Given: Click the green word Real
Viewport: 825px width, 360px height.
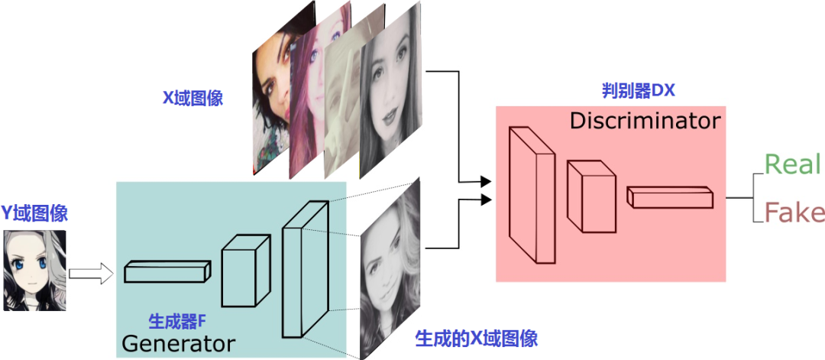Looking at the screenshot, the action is click(x=793, y=164).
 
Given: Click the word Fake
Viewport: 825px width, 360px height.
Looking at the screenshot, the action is click(x=794, y=213).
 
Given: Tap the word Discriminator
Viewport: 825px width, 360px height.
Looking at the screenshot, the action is click(x=645, y=122).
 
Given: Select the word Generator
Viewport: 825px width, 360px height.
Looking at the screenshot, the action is click(x=178, y=344).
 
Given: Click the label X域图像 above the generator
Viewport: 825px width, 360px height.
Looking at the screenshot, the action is click(x=192, y=99).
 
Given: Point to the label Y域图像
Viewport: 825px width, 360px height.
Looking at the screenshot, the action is click(x=34, y=213).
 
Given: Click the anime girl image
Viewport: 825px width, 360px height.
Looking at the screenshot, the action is click(x=34, y=271).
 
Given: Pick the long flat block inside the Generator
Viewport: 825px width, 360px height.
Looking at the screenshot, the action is click(x=167, y=271).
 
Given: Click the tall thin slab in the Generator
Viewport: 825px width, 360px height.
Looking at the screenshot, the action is click(x=305, y=269).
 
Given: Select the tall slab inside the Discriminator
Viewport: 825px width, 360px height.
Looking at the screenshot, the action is click(x=532, y=195).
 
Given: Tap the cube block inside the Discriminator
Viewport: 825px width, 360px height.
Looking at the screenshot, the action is click(x=590, y=196).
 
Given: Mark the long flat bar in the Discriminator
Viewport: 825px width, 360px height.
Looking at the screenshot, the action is click(x=670, y=197).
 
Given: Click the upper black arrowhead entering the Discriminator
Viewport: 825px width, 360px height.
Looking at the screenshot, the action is click(x=486, y=182).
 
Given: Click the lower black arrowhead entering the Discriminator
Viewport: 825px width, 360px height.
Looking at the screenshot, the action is click(x=486, y=199).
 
